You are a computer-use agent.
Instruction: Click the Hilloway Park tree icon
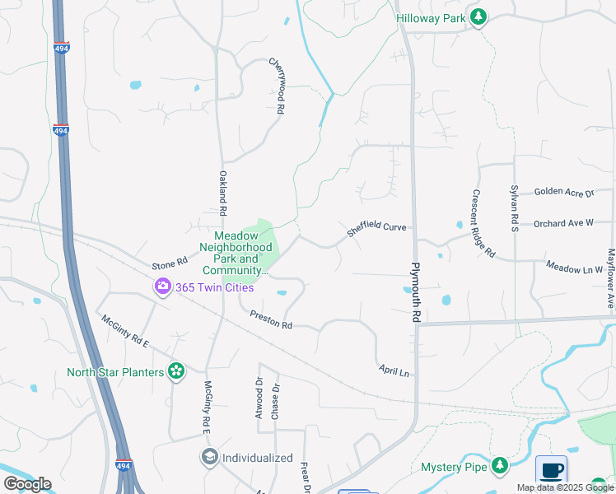coord(478,17)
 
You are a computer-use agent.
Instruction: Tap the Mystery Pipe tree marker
coord(499,467)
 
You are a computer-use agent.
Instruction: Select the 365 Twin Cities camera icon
coord(162,287)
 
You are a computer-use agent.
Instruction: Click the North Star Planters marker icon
coord(175,372)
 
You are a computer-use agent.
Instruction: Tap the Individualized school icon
coord(210,457)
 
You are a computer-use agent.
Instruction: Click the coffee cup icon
coord(551,472)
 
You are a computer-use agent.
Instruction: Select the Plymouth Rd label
coord(417,293)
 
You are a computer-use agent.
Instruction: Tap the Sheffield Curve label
coord(376,227)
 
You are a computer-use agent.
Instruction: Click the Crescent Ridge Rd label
coord(483,222)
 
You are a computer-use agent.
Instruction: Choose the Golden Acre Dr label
coord(563,193)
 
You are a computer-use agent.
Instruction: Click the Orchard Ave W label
coord(562,223)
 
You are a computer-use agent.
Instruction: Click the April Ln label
coord(394,370)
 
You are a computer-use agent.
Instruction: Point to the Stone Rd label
coord(170,264)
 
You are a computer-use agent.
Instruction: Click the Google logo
coord(27,483)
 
